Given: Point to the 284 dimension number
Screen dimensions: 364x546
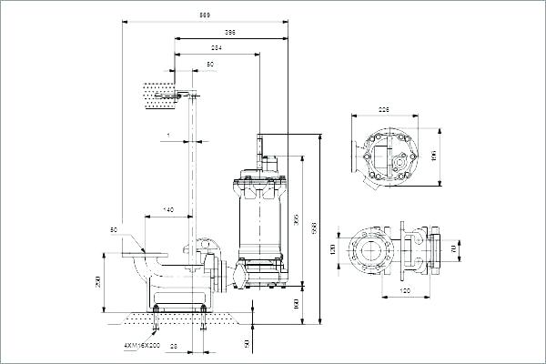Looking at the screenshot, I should [x=217, y=47].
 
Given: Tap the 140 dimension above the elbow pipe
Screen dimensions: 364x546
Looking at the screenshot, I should [x=168, y=210].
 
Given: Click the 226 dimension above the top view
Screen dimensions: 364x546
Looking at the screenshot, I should [x=385, y=110].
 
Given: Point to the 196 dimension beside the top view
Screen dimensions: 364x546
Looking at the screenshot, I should [x=434, y=155].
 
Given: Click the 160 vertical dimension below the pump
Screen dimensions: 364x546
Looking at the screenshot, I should [x=297, y=303].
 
